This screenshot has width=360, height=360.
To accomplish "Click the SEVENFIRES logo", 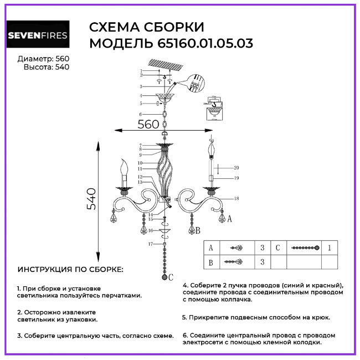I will point(38,36).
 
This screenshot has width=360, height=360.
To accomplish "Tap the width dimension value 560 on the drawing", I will point(148,125).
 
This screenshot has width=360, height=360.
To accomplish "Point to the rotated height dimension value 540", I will point(91,199).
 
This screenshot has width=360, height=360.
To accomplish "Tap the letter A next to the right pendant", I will point(229,219).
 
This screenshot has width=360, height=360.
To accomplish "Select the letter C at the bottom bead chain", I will point(171,276).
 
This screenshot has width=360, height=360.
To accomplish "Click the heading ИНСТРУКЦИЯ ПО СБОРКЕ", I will point(70,270).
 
